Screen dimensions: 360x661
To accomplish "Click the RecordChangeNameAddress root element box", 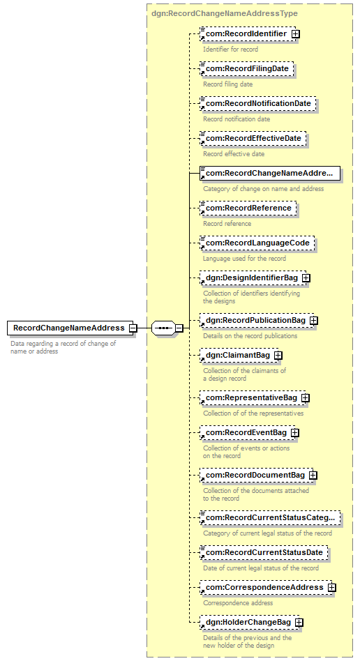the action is tap(70, 328).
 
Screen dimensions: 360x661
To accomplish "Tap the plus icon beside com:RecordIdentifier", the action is tap(295, 33).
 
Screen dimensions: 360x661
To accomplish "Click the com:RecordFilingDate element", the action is tap(246, 69).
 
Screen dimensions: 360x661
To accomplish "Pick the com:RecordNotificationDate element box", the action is tap(258, 104).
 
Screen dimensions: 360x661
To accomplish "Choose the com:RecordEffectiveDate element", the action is tap(253, 139).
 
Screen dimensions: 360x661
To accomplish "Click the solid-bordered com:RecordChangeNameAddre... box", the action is tap(270, 173).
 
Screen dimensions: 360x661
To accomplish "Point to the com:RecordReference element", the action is tap(248, 208).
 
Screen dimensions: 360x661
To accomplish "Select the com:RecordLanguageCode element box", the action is tap(257, 243).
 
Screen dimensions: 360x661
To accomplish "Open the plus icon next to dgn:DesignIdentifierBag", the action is tap(306, 278).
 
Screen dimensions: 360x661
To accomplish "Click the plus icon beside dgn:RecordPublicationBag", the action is tap(313, 321).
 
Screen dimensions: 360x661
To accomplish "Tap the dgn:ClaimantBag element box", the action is tap(239, 356).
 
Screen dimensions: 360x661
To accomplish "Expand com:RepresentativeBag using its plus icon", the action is tap(306, 398).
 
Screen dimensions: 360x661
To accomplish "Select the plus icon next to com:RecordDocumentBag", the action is tap(313, 476).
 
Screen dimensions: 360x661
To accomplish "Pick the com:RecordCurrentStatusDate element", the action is tap(264, 553).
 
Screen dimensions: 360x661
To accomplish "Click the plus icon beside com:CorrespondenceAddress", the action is tap(331, 588).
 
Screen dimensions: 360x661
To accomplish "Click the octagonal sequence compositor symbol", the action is tap(163, 328).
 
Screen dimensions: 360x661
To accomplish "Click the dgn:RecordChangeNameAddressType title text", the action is tap(225, 13).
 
